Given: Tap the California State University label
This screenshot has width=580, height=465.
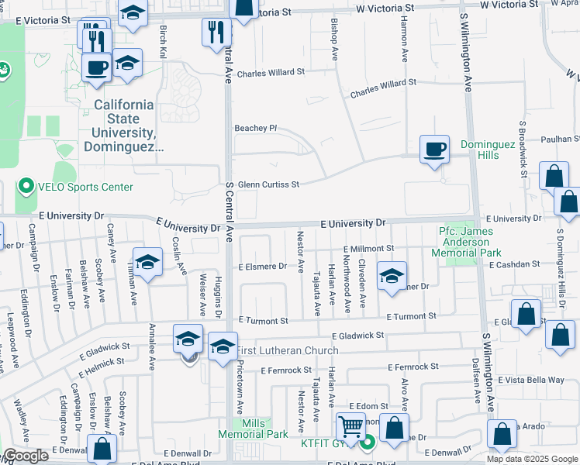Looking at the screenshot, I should (123, 125).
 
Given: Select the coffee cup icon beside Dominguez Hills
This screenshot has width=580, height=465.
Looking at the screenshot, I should (433, 148).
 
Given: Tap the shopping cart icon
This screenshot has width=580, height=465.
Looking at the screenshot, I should (350, 427).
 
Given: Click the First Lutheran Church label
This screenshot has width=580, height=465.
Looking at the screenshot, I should (288, 350).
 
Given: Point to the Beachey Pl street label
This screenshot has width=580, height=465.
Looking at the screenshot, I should (256, 128).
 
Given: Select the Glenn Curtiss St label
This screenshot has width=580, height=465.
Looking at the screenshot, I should (268, 184).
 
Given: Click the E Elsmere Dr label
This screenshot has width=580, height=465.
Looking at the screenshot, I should (262, 267).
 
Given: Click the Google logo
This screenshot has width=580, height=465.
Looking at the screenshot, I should (26, 456).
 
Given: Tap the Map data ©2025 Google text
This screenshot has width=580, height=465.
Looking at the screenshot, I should (532, 459).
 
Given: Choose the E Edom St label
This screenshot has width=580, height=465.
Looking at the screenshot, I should (368, 406).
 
